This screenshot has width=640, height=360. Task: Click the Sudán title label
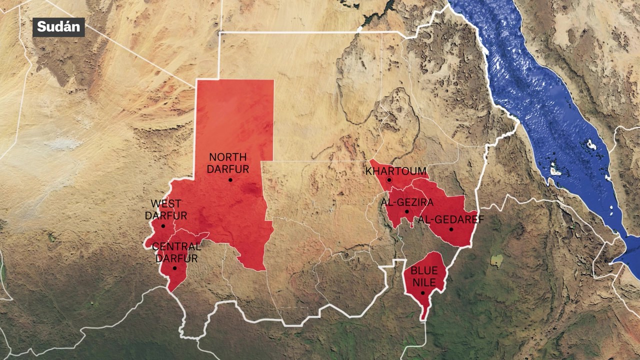coord(58,27)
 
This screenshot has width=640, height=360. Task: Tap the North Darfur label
coord(227,163)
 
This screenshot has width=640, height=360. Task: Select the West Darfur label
coord(166,209)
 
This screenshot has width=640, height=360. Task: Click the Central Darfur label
coord(176,252)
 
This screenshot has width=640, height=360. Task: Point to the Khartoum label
coord(396,171)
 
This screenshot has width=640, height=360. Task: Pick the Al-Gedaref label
coord(444,219)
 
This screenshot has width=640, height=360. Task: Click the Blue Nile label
coord(424,277)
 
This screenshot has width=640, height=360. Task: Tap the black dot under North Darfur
coord(230,179)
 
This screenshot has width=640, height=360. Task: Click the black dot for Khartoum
coord(389,179)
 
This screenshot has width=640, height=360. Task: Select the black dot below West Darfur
coord(163,226)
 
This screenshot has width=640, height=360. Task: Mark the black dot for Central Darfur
coord(174,268)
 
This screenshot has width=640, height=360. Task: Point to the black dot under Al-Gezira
coord(407,211)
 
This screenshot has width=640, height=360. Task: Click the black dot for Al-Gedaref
coord(451,229)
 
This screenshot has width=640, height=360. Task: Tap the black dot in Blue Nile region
coord(422,293)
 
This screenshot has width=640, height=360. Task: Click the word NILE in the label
coord(424,283)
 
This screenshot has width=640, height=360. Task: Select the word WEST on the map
coord(166,204)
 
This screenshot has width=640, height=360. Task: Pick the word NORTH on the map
coord(227,157)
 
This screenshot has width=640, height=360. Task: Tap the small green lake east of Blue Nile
coord(496,260)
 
